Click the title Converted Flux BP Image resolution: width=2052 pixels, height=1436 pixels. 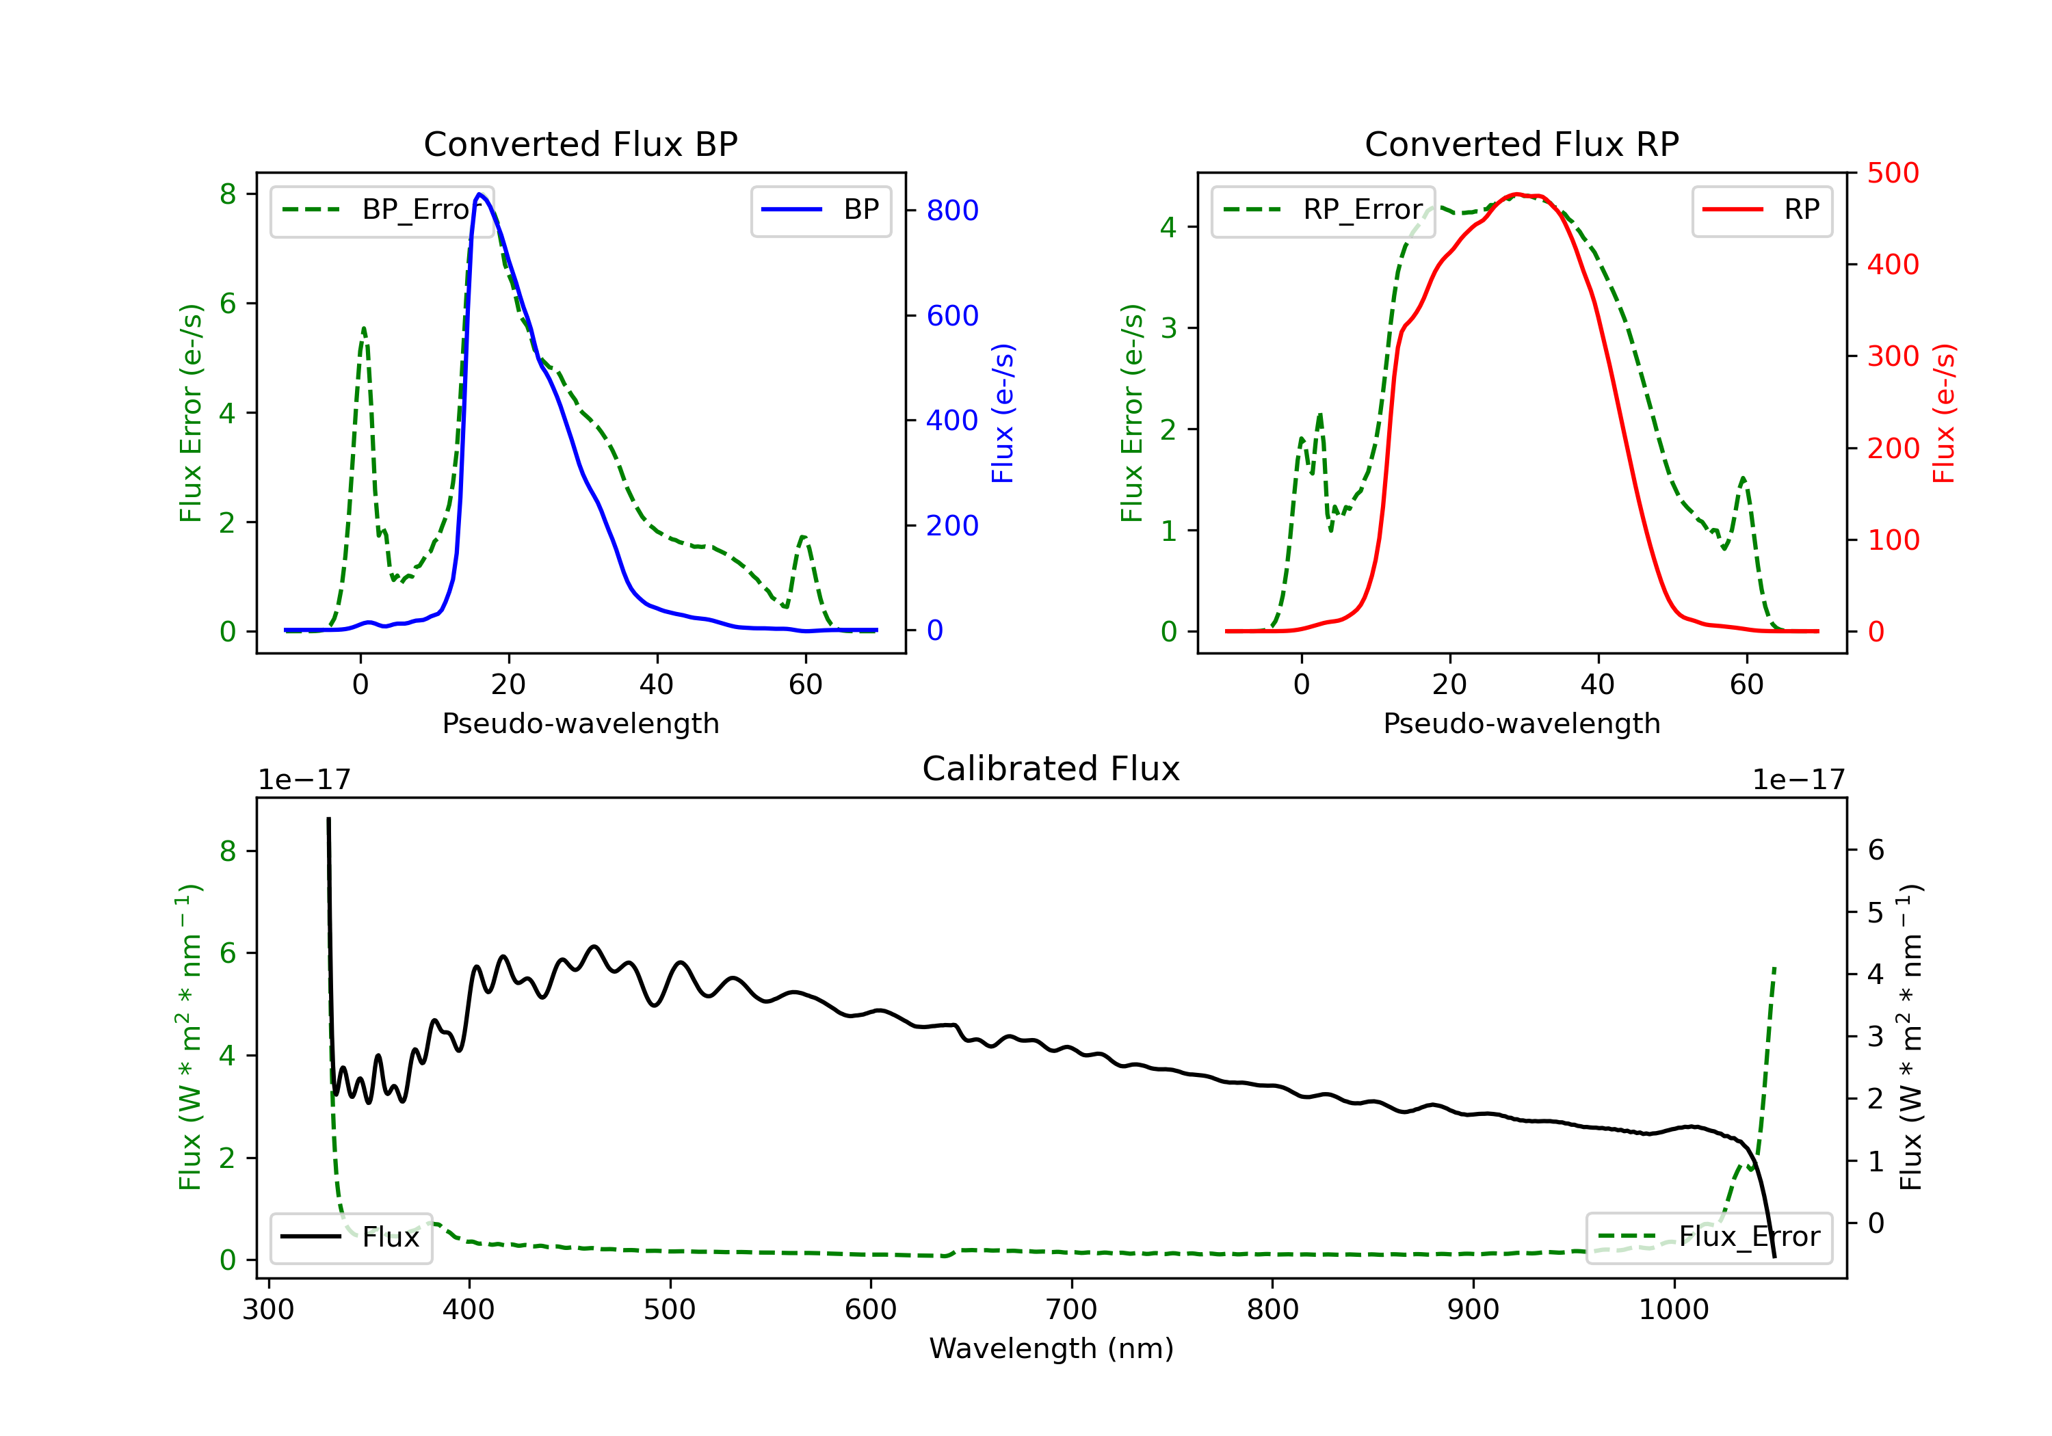tap(580, 144)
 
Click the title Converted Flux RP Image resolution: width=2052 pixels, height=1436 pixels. tap(1521, 144)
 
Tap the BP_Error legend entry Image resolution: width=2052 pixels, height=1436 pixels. tap(382, 210)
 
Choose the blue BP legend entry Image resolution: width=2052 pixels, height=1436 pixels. tap(820, 210)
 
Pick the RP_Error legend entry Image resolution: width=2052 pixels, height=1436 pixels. tap(1323, 210)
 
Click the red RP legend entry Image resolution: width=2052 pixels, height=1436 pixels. tap(1761, 210)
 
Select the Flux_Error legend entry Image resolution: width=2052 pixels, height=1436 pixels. tap(1708, 1237)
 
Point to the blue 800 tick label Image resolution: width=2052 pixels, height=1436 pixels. tap(952, 211)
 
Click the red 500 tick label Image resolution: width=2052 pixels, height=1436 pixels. tap(1893, 174)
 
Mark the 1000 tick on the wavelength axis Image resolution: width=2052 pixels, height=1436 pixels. tap(1673, 1310)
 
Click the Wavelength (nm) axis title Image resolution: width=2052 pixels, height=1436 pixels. tap(1051, 1348)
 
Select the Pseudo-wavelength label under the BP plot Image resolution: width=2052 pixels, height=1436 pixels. tap(581, 723)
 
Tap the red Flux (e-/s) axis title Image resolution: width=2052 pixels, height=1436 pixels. tap(1944, 414)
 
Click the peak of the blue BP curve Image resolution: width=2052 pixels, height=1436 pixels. tap(479, 194)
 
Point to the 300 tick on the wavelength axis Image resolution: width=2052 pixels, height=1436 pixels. tap(268, 1310)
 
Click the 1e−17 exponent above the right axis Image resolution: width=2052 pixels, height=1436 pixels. tap(1798, 780)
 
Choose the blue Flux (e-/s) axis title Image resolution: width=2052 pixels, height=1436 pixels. tap(1003, 414)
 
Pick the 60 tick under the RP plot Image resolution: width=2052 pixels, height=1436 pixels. tap(1746, 684)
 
